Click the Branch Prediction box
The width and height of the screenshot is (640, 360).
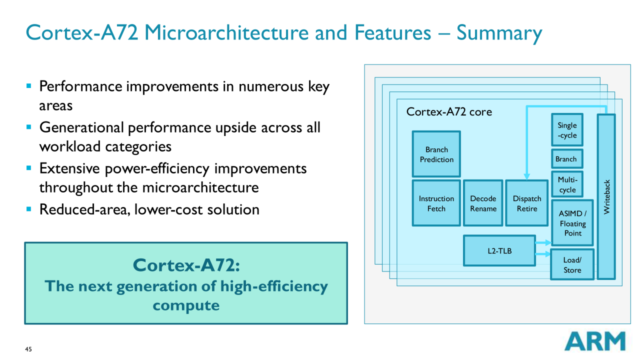436,154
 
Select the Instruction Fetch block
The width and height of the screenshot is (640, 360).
436,203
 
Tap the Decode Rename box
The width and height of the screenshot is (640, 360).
483,203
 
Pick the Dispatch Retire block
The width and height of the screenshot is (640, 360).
527,203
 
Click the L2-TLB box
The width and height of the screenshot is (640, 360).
499,250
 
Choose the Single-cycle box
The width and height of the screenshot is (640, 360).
567,130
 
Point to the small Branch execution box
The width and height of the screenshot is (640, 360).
567,159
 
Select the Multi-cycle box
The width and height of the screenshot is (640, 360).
567,184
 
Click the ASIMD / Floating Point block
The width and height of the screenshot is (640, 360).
572,223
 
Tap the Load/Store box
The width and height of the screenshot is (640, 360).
572,264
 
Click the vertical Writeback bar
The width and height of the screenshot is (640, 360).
606,196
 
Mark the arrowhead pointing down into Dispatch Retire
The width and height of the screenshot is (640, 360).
526,176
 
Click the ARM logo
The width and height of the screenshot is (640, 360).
595,341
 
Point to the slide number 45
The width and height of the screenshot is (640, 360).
28,349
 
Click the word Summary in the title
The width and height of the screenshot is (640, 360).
499,33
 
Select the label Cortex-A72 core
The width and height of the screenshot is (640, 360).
449,111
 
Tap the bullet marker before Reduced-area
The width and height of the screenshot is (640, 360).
29,209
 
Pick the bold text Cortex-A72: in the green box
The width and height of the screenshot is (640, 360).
186,265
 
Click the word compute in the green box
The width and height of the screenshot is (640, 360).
186,305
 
